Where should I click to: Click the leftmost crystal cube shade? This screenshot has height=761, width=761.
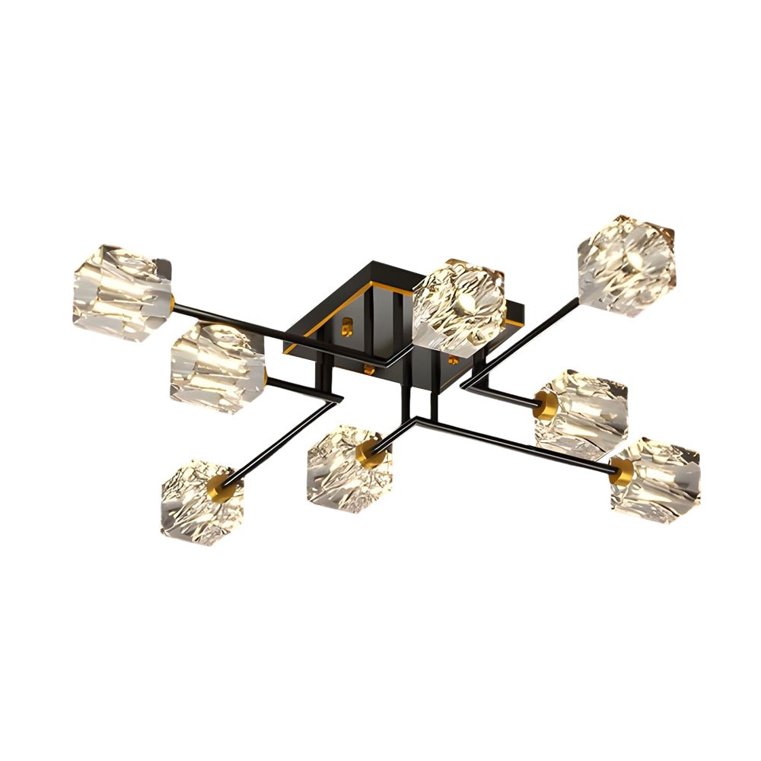pyautogui.click(x=122, y=292)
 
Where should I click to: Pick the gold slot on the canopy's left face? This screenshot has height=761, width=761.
pyautogui.click(x=349, y=327)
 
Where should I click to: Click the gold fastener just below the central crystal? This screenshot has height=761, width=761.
pyautogui.click(x=454, y=358)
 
